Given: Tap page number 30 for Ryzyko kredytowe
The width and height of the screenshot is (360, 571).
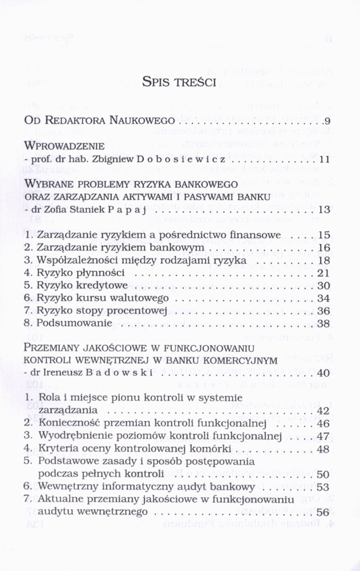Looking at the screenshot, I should (x=324, y=285).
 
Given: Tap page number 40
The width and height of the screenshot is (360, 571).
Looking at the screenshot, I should (x=324, y=373).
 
